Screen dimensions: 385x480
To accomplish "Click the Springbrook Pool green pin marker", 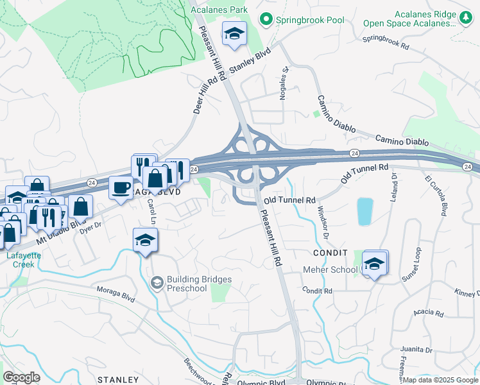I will pos(265,20).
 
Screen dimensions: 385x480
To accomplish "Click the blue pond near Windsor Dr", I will pos(364,211).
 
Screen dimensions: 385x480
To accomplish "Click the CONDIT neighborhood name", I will pos(330,253).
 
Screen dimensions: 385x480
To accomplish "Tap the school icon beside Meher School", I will pos(375,263).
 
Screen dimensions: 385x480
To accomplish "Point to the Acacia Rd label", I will pos(429,313).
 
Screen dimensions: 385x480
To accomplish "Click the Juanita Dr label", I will pos(416,350).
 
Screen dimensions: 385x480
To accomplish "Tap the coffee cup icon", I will pos(121,187).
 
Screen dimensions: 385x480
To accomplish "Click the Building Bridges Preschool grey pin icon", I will pos(156,283).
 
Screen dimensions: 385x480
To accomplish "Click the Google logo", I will pos(21,377).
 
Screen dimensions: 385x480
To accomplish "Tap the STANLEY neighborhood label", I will pos(117,380).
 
